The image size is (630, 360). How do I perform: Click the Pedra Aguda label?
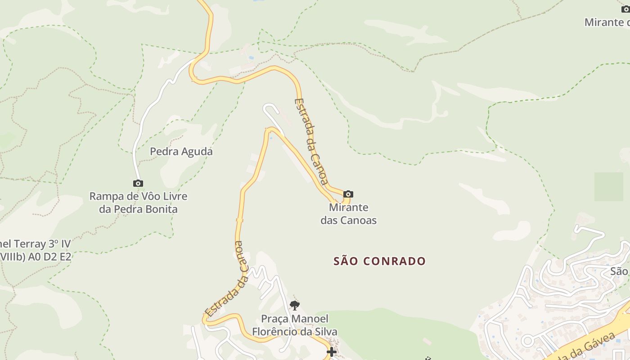[x=181, y=152]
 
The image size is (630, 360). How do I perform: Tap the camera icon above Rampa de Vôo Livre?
[x=138, y=183]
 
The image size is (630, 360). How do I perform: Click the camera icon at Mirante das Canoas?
[x=348, y=194]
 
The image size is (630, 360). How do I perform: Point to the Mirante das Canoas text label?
[x=348, y=214]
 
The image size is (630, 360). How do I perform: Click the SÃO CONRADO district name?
[x=379, y=261]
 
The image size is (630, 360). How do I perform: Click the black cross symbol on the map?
[x=332, y=352]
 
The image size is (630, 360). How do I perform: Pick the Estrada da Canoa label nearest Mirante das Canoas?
[x=310, y=140]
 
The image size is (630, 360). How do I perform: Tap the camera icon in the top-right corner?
[x=625, y=9]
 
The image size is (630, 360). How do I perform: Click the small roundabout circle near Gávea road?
[x=527, y=341]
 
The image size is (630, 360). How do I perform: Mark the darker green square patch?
[x=608, y=186]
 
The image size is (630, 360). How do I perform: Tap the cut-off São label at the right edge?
[x=619, y=271]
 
